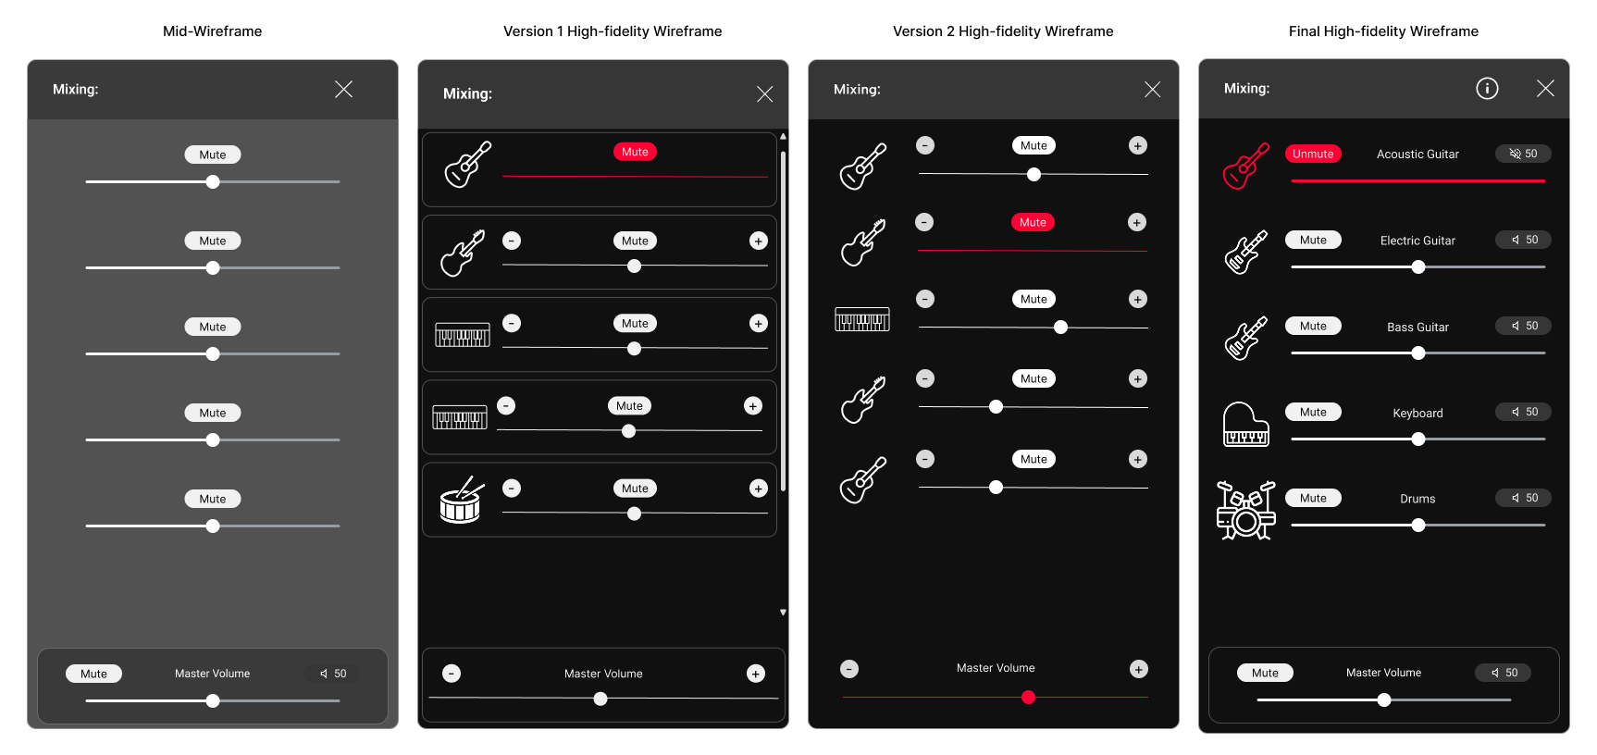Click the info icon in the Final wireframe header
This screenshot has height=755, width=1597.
(x=1487, y=88)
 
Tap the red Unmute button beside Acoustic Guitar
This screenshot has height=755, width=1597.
(x=1313, y=154)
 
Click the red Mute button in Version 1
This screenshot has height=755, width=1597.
(x=635, y=152)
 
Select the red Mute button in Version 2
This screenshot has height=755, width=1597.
(x=1033, y=222)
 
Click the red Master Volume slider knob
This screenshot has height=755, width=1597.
(x=1028, y=698)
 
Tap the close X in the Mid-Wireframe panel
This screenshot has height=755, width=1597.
(x=343, y=89)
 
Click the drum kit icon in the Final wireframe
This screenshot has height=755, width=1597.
(x=1245, y=510)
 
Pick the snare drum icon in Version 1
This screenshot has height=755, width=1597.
(x=462, y=501)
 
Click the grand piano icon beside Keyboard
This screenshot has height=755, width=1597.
(x=1245, y=424)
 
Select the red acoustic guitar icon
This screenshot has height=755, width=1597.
(x=1245, y=166)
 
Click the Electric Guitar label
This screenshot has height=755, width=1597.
(x=1417, y=241)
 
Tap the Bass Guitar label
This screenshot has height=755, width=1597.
(x=1417, y=327)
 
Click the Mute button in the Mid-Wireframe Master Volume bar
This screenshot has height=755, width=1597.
(x=93, y=674)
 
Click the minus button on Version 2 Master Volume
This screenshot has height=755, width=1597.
(x=849, y=669)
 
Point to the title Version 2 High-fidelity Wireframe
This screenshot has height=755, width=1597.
(x=1003, y=31)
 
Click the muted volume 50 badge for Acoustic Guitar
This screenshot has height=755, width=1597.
(x=1523, y=154)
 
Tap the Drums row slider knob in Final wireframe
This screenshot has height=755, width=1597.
(x=1418, y=526)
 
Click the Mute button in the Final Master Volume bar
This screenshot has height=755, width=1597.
(x=1265, y=673)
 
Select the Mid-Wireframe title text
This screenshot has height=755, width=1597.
(x=213, y=31)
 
